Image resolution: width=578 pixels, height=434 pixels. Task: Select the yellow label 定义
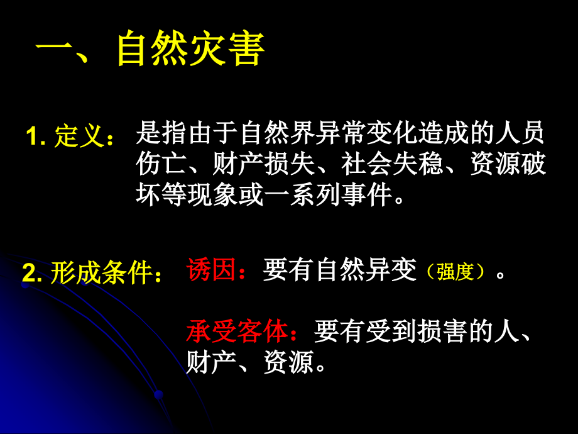pyautogui.click(x=78, y=136)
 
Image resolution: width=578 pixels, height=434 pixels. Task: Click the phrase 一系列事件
pyautogui.click(x=332, y=195)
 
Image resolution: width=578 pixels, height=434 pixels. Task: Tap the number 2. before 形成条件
pyautogui.click(x=33, y=273)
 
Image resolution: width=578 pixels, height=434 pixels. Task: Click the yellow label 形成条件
pyautogui.click(x=101, y=273)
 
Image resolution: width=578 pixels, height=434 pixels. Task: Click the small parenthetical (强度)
pyautogui.click(x=455, y=272)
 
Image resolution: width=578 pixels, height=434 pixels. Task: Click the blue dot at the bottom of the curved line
pyautogui.click(x=158, y=394)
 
